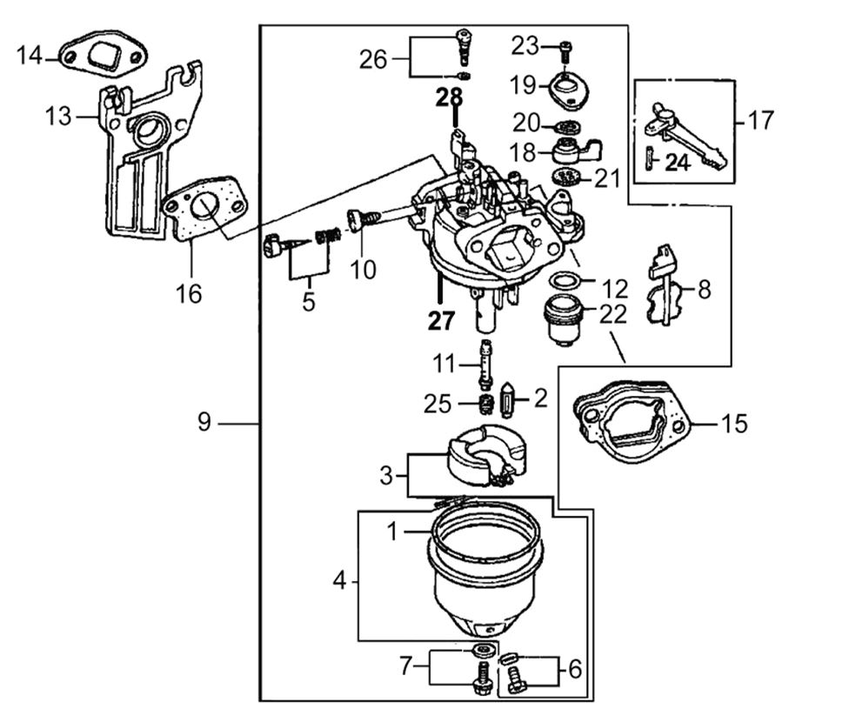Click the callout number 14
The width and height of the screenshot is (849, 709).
click(x=29, y=57)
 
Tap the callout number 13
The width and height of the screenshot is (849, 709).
click(x=58, y=116)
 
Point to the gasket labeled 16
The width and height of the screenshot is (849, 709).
click(x=204, y=209)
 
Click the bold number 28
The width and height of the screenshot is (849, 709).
click(x=450, y=97)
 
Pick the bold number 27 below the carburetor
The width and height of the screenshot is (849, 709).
click(x=441, y=320)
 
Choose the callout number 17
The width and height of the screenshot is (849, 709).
click(x=759, y=120)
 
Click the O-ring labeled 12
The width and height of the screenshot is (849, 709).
click(x=565, y=282)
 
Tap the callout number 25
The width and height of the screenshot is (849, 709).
click(x=437, y=403)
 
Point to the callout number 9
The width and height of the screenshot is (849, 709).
click(x=204, y=423)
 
